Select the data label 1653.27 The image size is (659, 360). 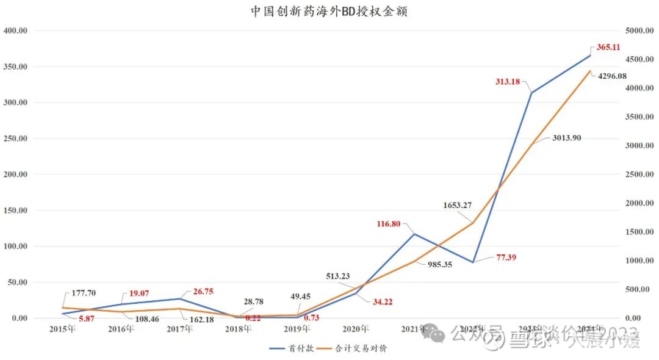tap(457, 205)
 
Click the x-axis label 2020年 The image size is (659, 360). tap(356, 329)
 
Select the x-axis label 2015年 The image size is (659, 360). tap(63, 329)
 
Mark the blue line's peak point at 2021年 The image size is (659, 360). tap(414, 234)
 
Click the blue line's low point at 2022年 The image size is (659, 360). tap(473, 262)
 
